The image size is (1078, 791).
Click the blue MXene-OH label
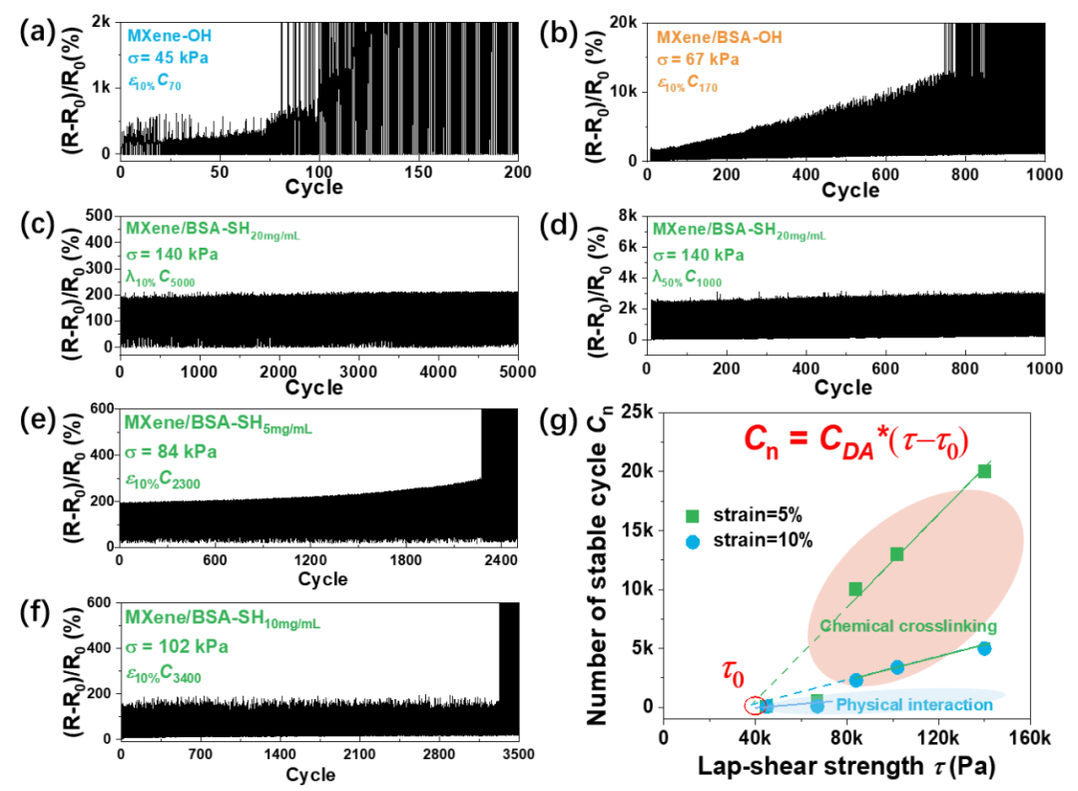(170, 36)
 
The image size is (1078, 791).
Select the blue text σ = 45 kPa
(168, 59)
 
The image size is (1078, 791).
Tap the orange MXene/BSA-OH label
(719, 38)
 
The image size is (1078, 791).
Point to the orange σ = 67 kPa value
(698, 60)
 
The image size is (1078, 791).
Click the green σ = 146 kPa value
(171, 255)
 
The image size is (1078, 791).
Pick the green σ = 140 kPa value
(698, 255)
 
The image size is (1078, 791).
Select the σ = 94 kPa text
(170, 451)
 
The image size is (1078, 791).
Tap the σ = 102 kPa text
(176, 646)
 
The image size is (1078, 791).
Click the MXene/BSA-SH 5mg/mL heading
(218, 423)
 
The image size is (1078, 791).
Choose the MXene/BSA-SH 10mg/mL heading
(222, 618)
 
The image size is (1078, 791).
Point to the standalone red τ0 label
(734, 673)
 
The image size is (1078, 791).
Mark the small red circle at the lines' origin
(754, 705)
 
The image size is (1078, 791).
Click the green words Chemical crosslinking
(907, 626)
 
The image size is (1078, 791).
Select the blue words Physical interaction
(913, 705)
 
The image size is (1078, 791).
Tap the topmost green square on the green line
(984, 470)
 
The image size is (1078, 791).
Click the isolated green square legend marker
(692, 516)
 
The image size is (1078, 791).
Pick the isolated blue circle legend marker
(692, 542)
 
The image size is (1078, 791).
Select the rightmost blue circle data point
(984, 648)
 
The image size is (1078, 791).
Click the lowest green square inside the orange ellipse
(855, 589)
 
